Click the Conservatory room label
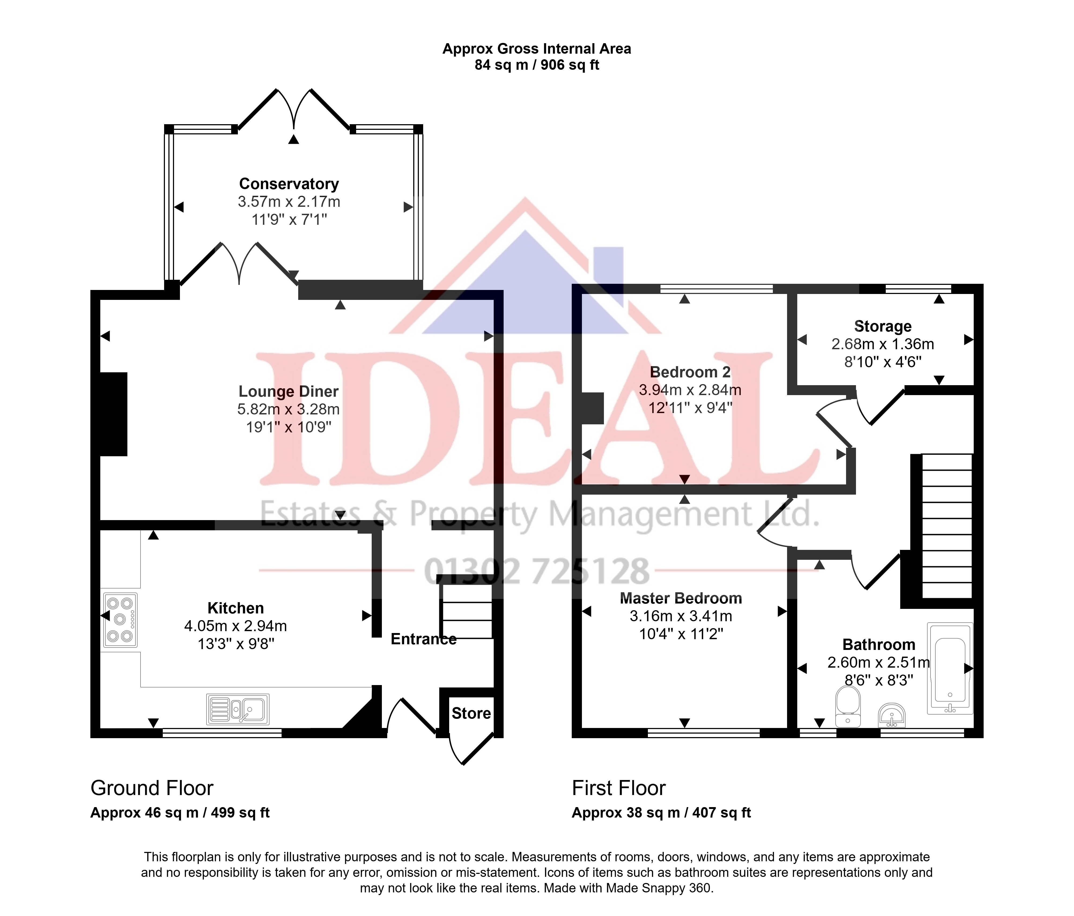(x=289, y=184)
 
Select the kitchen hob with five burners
(x=120, y=620)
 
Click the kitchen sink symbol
(x=238, y=709)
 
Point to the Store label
(x=471, y=713)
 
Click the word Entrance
(x=423, y=639)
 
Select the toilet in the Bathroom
(x=848, y=706)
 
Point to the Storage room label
(x=883, y=327)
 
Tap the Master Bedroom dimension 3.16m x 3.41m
(x=681, y=616)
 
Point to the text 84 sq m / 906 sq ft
(x=537, y=65)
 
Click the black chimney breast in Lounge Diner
(x=113, y=414)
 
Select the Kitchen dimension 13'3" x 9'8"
(x=236, y=644)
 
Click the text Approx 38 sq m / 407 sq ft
(x=661, y=813)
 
